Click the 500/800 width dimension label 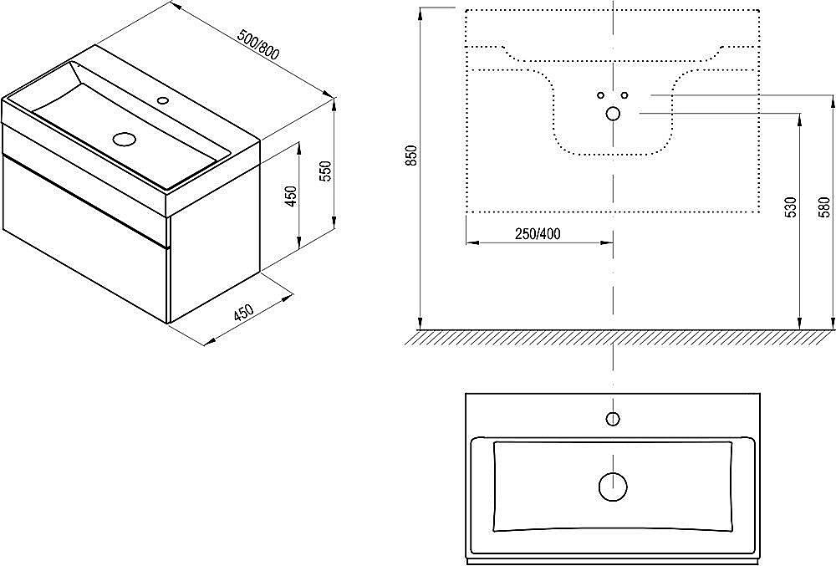pos(259,45)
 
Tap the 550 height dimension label pos(326,171)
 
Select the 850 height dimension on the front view pos(411,156)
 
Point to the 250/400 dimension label pos(538,233)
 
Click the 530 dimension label pos(791,207)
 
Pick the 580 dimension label pos(824,207)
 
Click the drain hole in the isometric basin pos(125,139)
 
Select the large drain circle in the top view pos(613,487)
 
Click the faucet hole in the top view pos(613,419)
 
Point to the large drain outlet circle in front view pos(613,113)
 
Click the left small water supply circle pos(601,95)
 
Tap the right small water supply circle pos(624,95)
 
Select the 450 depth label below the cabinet pos(243,314)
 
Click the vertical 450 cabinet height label pos(292,196)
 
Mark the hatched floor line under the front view pos(619,338)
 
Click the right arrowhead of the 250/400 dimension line pos(606,243)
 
